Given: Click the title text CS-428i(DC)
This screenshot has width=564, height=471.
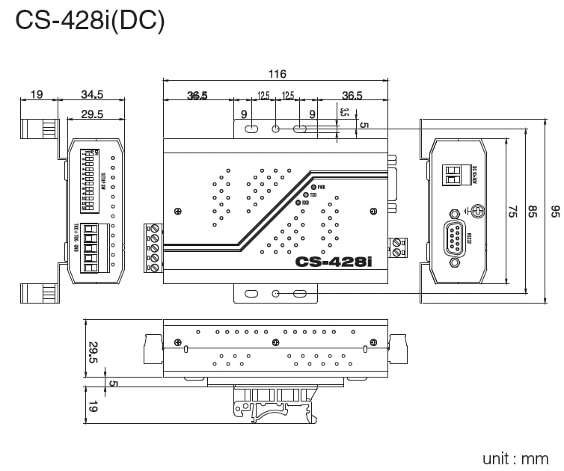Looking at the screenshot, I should point(90,20).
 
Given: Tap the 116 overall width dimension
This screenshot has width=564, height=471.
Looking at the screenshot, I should point(277,74).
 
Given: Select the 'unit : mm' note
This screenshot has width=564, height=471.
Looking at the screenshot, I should point(515,458).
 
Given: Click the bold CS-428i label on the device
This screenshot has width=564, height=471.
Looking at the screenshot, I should point(334,262).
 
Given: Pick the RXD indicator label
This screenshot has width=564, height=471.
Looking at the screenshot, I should point(307,203).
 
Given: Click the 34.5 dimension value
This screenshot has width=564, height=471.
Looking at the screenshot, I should point(91,94).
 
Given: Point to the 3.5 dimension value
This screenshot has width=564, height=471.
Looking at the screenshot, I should point(344,113).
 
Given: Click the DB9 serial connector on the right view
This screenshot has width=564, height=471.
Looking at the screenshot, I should point(453,238).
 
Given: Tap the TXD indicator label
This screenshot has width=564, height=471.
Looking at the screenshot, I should point(313,194).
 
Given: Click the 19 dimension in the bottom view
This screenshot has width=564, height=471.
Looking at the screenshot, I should point(93,407).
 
